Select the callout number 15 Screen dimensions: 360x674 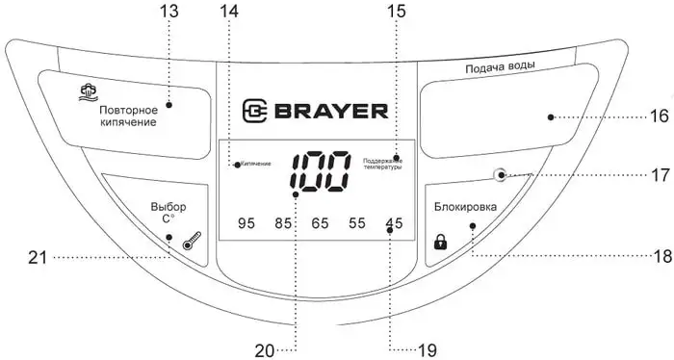pos(396,13)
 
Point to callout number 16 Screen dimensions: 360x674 pos(659,116)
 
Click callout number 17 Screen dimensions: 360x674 pos(659,175)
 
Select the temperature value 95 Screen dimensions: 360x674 pos(246,224)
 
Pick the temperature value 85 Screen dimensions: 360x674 pos(283,224)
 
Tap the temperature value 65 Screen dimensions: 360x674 pos(321,224)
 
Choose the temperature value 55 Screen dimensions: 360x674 pos(357,224)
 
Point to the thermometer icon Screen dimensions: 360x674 pos(192,240)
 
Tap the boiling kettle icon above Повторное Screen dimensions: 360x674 pos(90,93)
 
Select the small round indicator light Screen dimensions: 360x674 pos(499,175)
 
